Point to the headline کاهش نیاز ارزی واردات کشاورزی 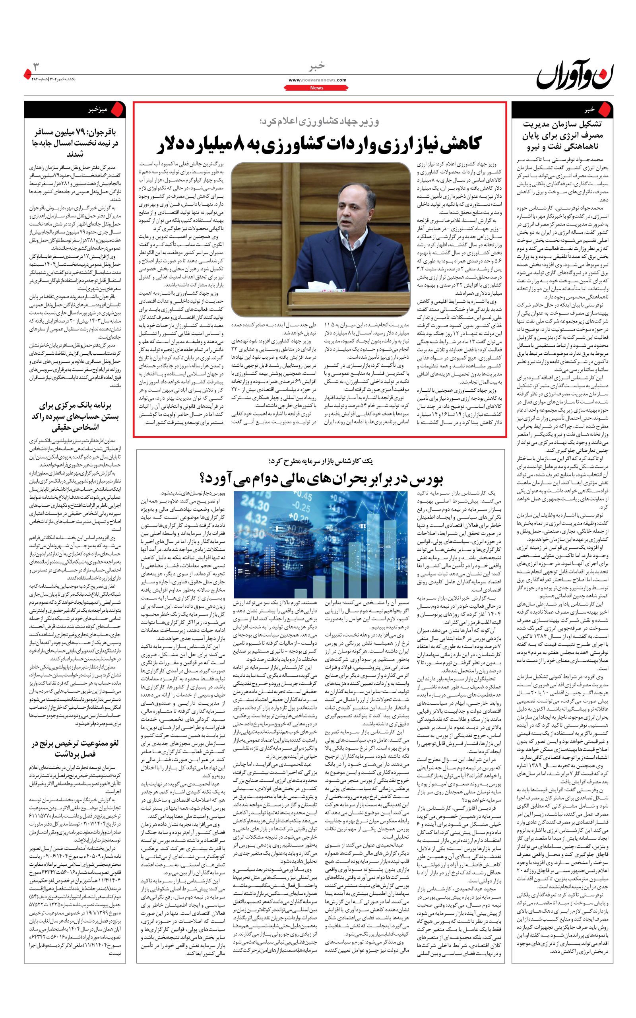[320, 144]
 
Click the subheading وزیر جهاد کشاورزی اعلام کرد [319, 122]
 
